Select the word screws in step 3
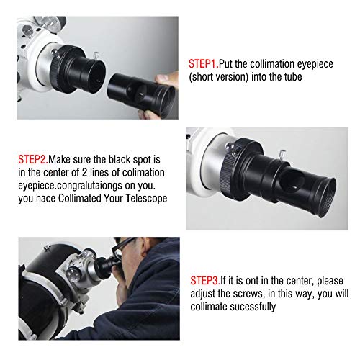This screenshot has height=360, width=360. (272, 293)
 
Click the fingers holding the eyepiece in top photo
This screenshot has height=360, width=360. (167, 79)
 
